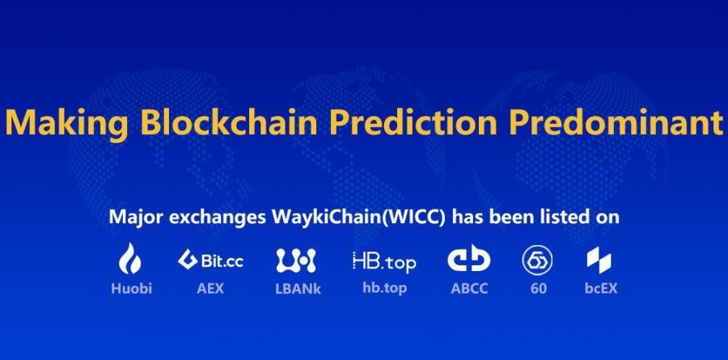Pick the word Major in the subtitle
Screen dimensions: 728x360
click(136, 218)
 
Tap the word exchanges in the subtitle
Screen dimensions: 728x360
click(218, 218)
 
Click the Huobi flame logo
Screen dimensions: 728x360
click(130, 258)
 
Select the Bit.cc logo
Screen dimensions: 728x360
click(210, 260)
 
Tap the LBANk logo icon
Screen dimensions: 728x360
click(296, 260)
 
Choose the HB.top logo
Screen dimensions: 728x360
click(384, 262)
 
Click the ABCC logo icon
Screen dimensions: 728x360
click(469, 258)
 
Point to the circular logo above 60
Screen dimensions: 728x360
click(537, 260)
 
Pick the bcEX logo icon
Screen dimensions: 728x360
click(599, 260)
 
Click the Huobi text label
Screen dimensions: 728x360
click(131, 289)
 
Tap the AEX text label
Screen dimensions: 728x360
click(210, 289)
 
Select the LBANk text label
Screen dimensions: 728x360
click(298, 289)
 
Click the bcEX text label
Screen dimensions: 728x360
click(601, 289)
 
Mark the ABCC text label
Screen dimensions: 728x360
click(469, 289)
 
